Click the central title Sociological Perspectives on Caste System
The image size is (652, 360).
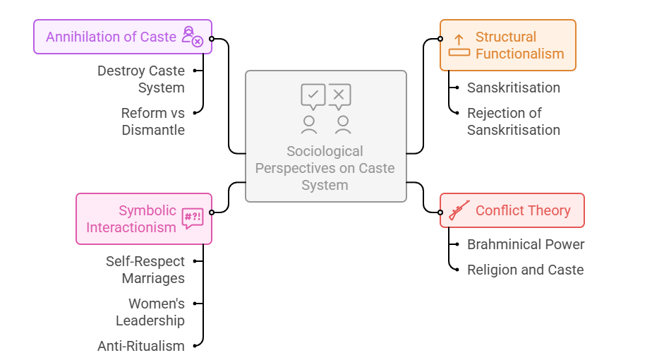pyautogui.click(x=325, y=169)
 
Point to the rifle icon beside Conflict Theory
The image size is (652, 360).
pyautogui.click(x=459, y=210)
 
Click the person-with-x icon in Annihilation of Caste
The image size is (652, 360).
pyautogui.click(x=192, y=36)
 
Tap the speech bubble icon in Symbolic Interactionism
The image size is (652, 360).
pyautogui.click(x=192, y=218)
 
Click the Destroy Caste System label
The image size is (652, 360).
pyautogui.click(x=141, y=79)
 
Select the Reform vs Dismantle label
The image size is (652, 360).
pyautogui.click(x=152, y=121)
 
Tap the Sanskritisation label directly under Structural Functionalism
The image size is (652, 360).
pyautogui.click(x=514, y=88)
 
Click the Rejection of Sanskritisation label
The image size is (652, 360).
pyautogui.click(x=514, y=121)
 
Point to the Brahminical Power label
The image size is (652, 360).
pyautogui.click(x=526, y=244)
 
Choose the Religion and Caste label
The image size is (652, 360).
pyautogui.click(x=525, y=270)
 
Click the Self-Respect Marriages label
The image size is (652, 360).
pyautogui.click(x=145, y=270)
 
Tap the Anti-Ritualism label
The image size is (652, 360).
pyautogui.click(x=141, y=346)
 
